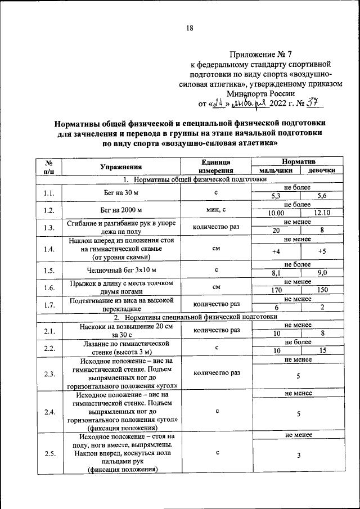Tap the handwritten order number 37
pos(312,103)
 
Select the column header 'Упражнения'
pos(120,166)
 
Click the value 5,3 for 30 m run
pos(276,196)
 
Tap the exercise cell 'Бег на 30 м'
pos(120,192)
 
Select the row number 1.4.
pos(49,249)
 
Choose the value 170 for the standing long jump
pos(276,290)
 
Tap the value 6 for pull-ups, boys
pos(276,308)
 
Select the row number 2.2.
pos(49,348)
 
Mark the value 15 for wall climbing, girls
pos(322,352)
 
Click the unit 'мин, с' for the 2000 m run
pos(217,210)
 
